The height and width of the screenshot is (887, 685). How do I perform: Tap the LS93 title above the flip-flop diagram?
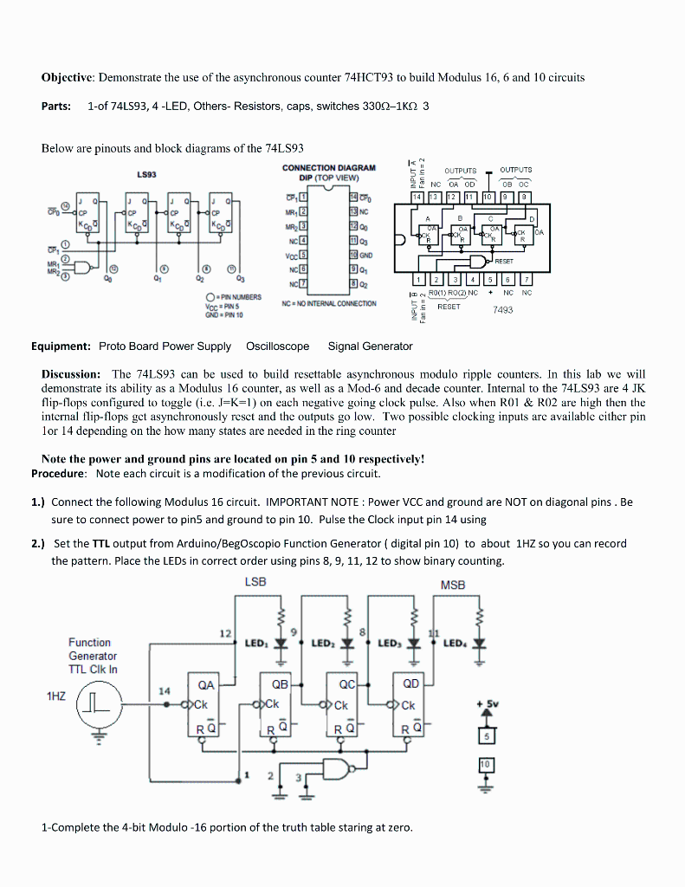(x=146, y=174)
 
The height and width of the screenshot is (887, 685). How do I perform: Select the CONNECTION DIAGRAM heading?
(x=329, y=167)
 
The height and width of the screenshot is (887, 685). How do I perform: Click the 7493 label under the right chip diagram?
(x=503, y=309)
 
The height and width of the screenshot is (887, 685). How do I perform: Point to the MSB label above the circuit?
(x=453, y=585)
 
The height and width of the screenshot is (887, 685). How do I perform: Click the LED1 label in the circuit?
(x=256, y=644)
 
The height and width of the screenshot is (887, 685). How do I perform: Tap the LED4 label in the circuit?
(x=454, y=644)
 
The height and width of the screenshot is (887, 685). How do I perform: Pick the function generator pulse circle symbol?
(x=99, y=702)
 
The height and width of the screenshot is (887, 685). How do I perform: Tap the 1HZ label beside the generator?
(x=57, y=696)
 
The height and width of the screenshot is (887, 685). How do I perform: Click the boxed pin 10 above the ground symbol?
(x=486, y=766)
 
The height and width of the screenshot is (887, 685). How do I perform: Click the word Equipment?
(x=61, y=346)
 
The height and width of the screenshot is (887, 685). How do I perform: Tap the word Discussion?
(x=73, y=373)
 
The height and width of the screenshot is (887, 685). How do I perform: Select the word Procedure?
(x=59, y=474)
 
